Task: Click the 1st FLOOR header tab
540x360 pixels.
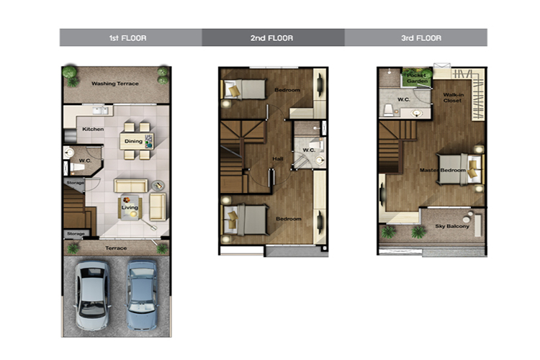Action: [131, 37]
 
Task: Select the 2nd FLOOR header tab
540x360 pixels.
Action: [273, 37]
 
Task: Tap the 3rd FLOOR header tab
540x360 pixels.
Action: [416, 37]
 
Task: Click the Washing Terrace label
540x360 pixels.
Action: [115, 84]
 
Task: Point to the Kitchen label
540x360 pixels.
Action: [93, 129]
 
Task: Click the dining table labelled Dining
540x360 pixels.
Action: [137, 141]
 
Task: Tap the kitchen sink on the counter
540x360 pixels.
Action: [100, 111]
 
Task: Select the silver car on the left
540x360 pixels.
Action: [92, 294]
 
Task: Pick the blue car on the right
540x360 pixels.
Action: [142, 294]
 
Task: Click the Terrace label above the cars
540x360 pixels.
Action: [116, 248]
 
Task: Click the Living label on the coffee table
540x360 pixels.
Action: [130, 207]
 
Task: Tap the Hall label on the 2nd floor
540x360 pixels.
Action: [278, 159]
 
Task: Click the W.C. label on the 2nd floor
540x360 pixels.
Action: [309, 150]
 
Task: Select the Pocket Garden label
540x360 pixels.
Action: [417, 78]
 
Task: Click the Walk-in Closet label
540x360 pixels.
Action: [453, 97]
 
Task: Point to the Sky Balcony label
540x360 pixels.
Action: [452, 226]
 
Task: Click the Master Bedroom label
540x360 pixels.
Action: [443, 170]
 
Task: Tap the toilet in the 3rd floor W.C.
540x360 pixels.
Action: [389, 110]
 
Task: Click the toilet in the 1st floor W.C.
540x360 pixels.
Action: [77, 168]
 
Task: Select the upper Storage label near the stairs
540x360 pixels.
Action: [75, 183]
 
